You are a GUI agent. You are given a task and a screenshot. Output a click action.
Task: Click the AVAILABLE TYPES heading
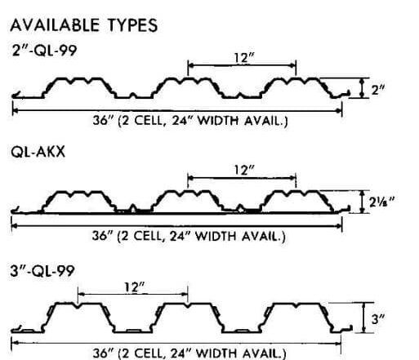click(x=84, y=25)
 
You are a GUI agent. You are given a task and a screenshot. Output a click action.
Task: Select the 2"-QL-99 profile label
click(x=45, y=51)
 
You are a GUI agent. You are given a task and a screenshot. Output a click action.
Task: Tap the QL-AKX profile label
click(x=38, y=152)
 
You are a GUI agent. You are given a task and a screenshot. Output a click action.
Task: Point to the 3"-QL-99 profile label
click(x=42, y=271)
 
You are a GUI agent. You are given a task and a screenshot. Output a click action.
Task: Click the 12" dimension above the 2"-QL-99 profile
click(x=244, y=58)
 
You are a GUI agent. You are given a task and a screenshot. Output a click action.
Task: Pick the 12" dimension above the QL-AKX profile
click(x=244, y=171)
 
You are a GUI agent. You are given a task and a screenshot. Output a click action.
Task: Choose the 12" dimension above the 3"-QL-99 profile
click(x=135, y=287)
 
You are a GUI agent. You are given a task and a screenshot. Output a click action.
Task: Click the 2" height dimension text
click(x=378, y=90)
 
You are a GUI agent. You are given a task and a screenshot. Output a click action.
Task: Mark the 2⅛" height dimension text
click(x=381, y=202)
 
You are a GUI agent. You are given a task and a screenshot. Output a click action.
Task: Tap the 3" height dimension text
click(x=378, y=319)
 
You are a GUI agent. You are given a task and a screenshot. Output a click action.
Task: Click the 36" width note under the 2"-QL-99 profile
click(x=190, y=121)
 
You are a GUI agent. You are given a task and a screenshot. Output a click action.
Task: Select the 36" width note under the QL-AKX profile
click(x=189, y=236)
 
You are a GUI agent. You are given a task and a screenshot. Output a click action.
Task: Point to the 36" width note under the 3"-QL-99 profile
click(x=189, y=353)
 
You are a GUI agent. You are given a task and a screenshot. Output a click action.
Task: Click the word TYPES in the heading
click(x=132, y=25)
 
